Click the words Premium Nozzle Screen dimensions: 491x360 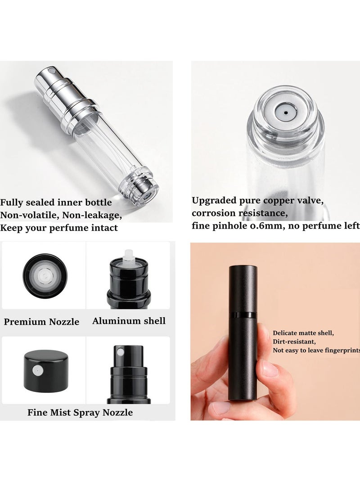pyautogui.click(x=41, y=322)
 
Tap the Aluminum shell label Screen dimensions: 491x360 pyautogui.click(x=129, y=321)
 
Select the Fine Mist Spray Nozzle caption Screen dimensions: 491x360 pyautogui.click(x=80, y=412)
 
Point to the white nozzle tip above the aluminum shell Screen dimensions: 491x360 pyautogui.click(x=129, y=254)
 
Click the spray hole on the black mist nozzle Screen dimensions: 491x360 pyautogui.click(x=121, y=351)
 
